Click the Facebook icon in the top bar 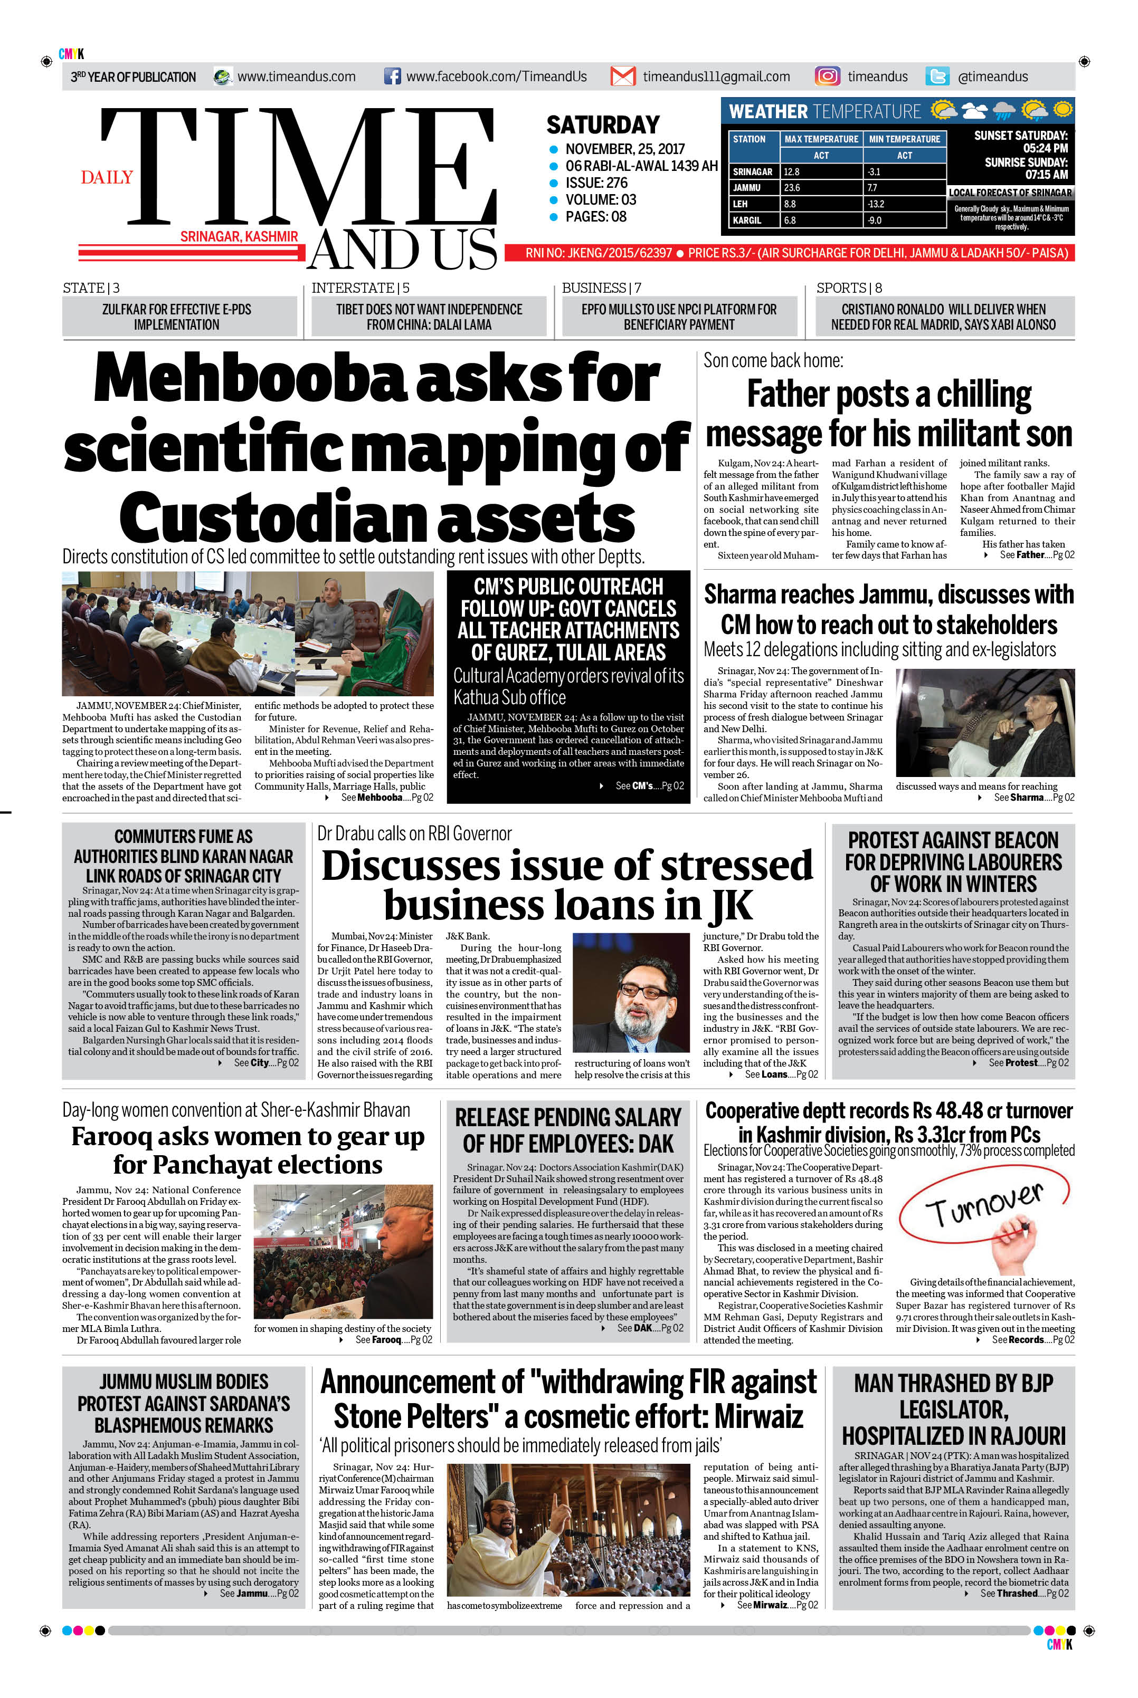tap(392, 76)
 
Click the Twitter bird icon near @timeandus tap(937, 76)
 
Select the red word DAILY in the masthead tap(107, 178)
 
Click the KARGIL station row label tap(747, 220)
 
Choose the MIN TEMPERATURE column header tap(904, 139)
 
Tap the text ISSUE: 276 tap(596, 183)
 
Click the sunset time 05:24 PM tap(1045, 148)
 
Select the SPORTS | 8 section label tap(848, 288)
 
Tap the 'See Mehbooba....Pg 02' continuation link tap(387, 797)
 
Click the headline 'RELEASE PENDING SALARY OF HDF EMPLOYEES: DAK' tap(568, 1130)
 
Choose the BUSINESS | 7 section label tap(601, 288)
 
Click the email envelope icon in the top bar tap(623, 76)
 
